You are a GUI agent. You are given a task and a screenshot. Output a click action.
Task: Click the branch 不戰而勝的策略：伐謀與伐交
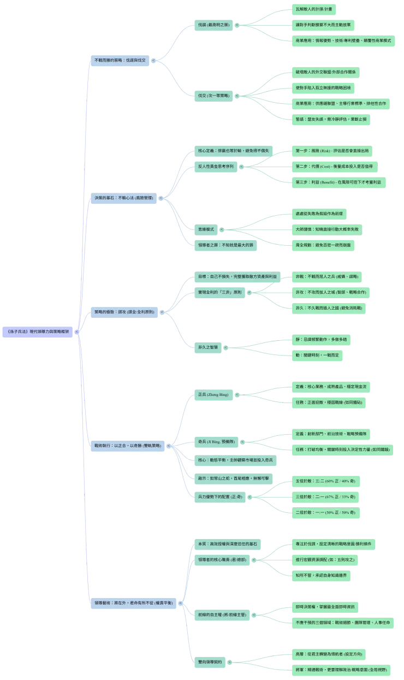(x=120, y=60)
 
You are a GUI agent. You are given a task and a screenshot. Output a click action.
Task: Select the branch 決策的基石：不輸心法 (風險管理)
(x=123, y=197)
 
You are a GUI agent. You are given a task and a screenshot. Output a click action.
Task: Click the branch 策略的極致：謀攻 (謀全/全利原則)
(x=124, y=312)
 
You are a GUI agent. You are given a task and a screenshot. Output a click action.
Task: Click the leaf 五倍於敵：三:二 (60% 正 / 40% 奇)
(x=325, y=481)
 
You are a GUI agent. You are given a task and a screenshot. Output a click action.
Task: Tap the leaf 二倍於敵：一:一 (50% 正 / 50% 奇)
(x=325, y=513)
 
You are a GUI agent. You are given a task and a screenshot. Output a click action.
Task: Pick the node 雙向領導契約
(x=210, y=661)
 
